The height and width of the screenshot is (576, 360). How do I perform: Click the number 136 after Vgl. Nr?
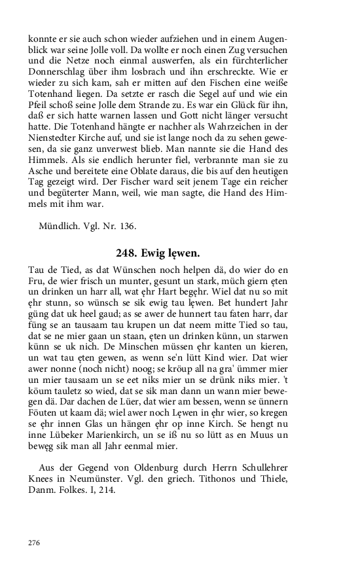pyautogui.click(x=126, y=226)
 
